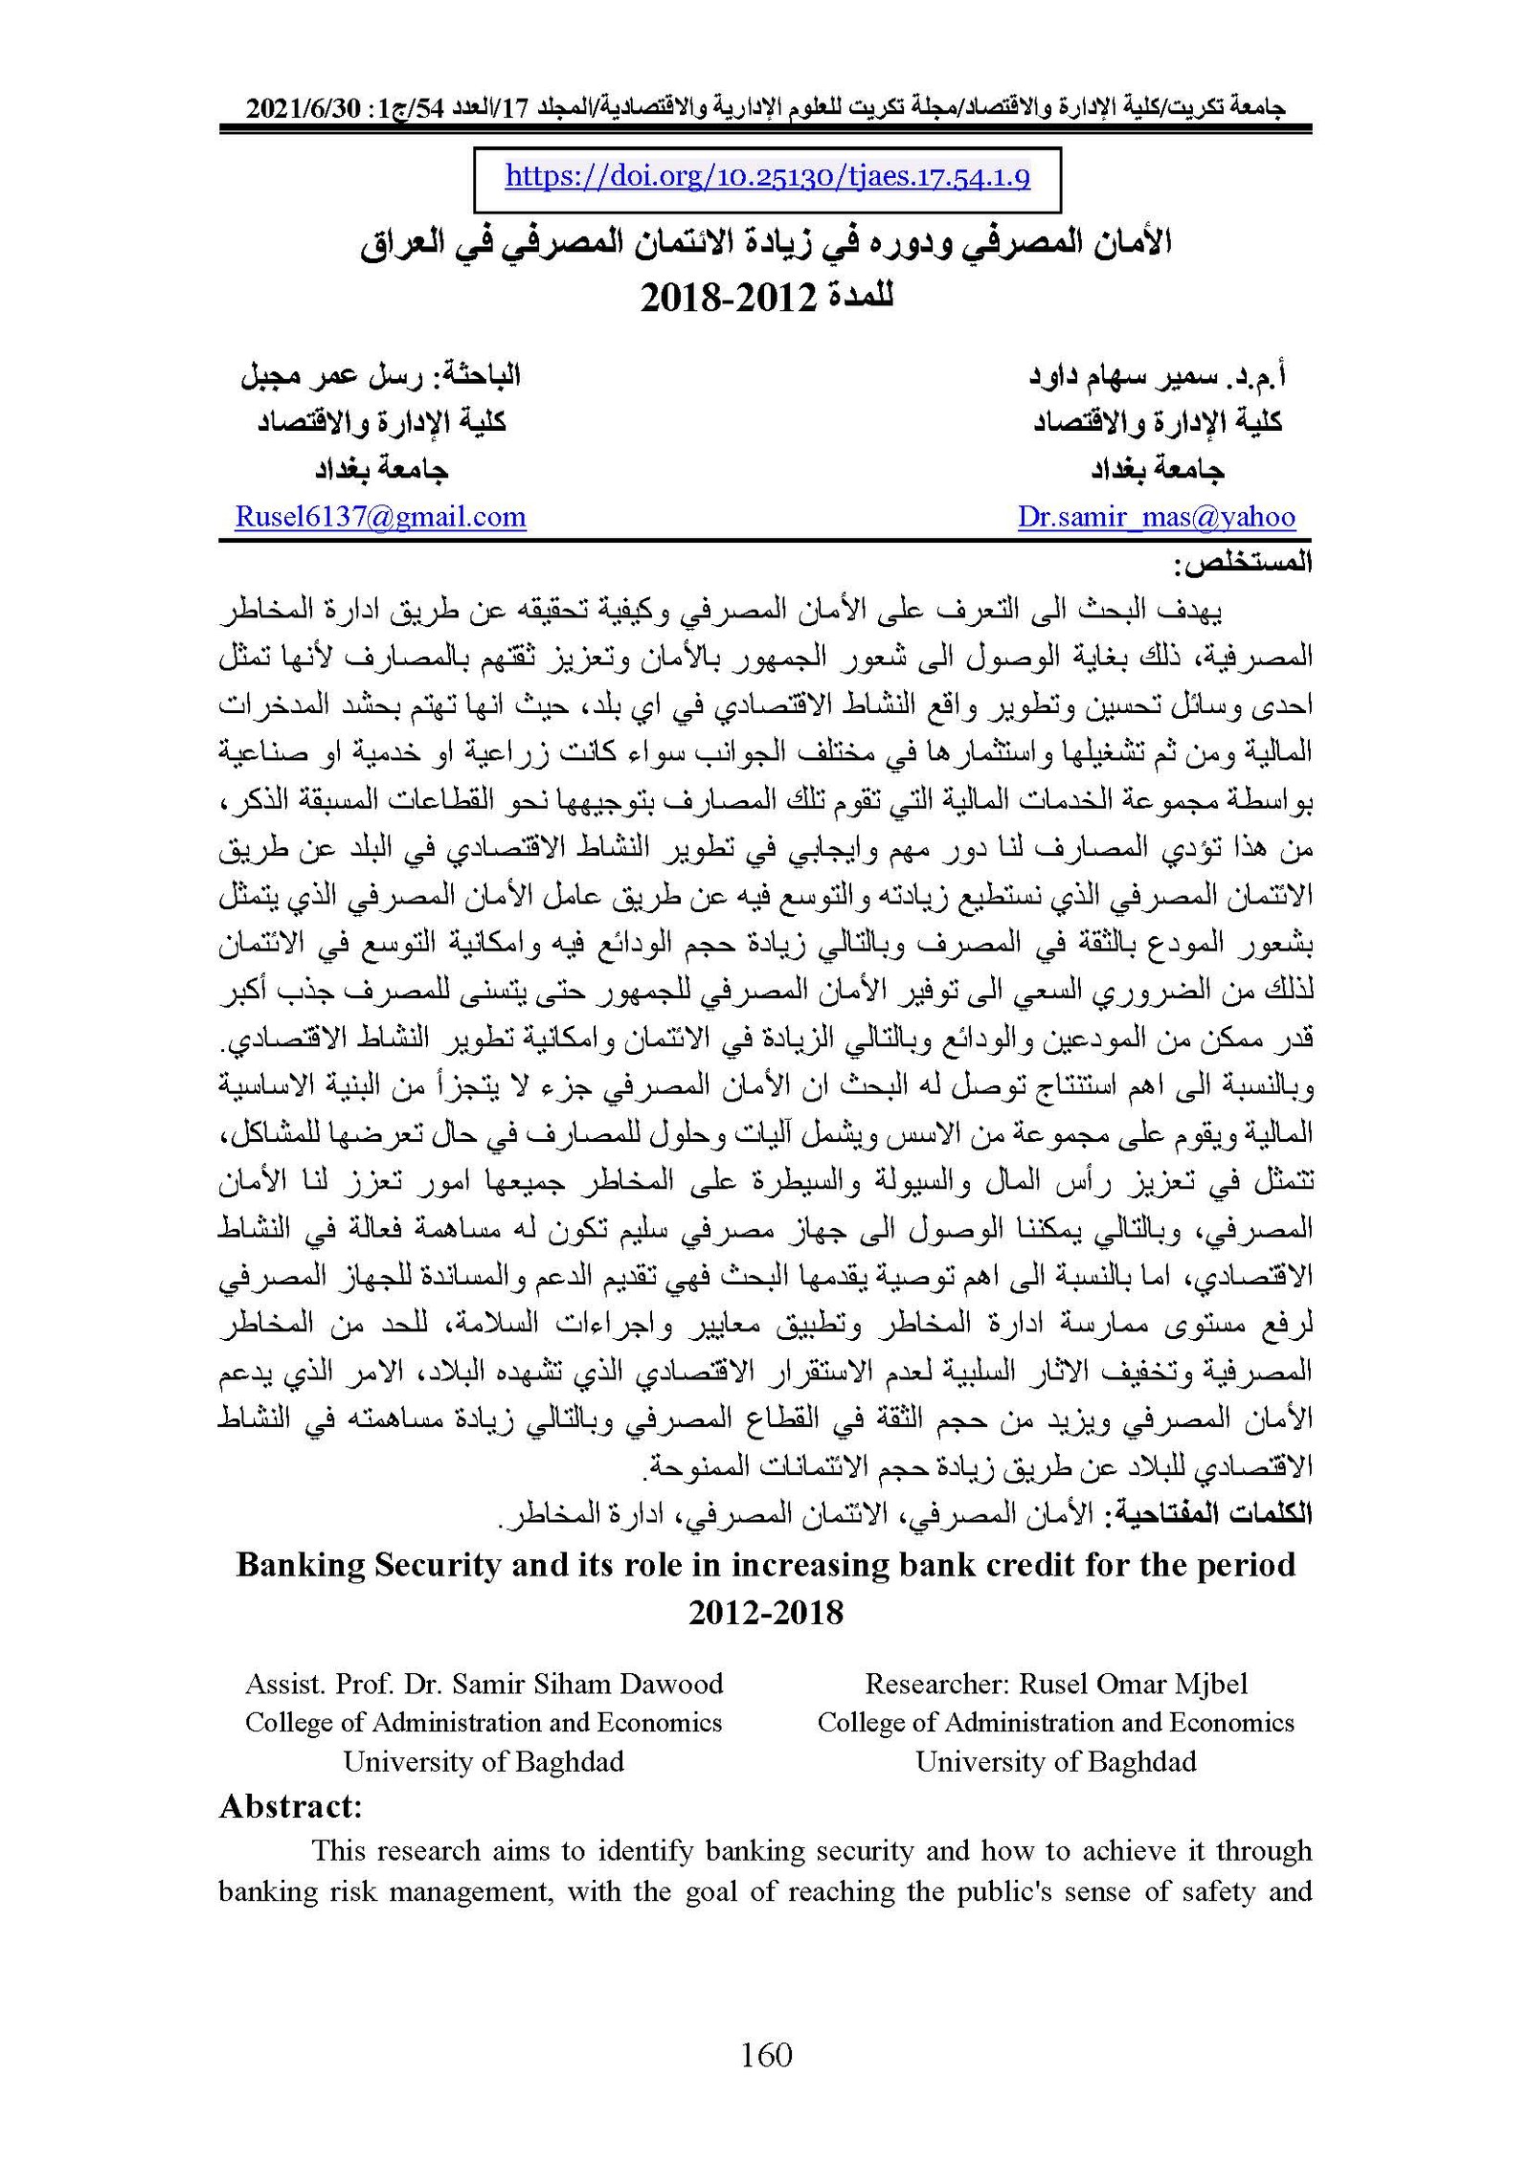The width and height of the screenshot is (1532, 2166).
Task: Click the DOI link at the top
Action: [767, 177]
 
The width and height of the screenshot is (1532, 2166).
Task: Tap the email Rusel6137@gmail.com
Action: [380, 517]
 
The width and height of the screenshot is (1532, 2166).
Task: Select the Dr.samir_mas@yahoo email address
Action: [1156, 517]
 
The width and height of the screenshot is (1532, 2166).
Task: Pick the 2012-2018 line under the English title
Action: [766, 1613]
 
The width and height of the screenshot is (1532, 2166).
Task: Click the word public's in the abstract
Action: [961, 1891]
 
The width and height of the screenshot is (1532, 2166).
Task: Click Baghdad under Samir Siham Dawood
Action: [571, 1761]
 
